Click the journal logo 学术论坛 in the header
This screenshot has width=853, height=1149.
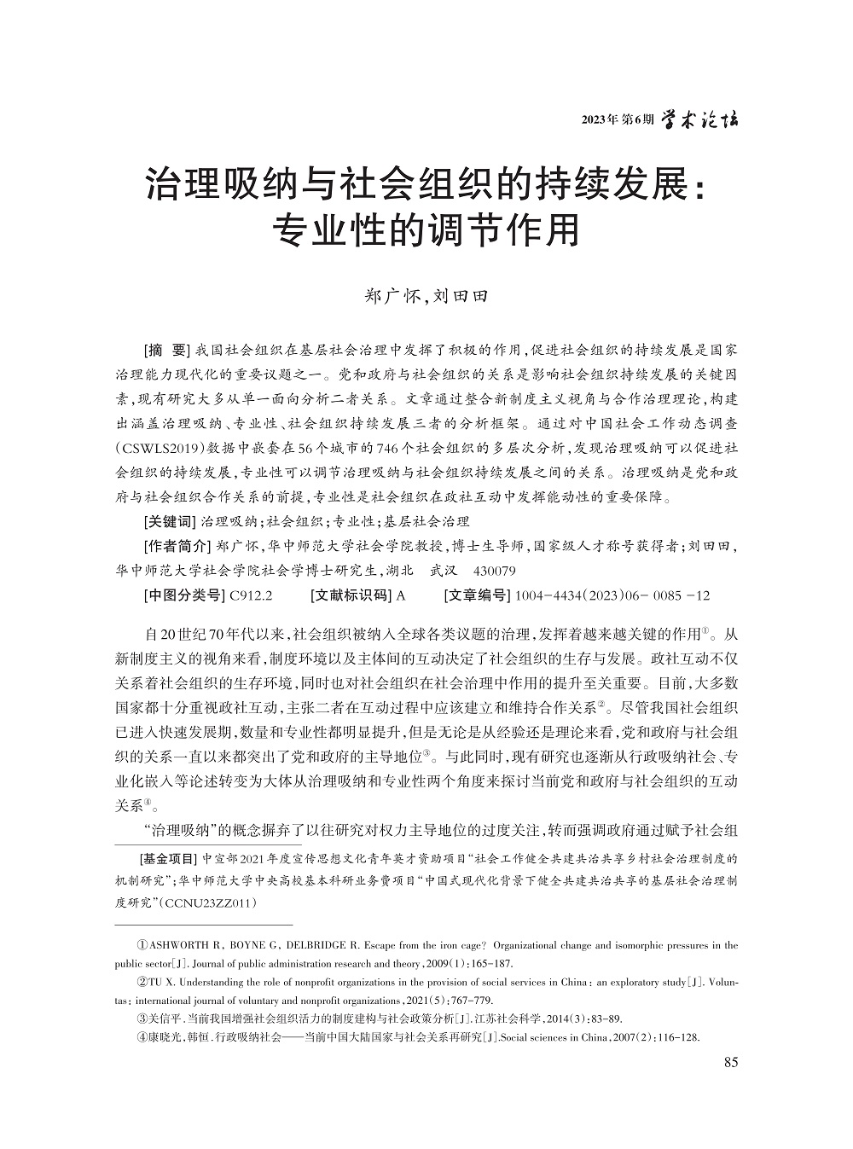pyautogui.click(x=700, y=119)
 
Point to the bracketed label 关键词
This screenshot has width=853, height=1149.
pyautogui.click(x=167, y=522)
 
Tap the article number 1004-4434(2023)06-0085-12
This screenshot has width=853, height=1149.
pyautogui.click(x=612, y=595)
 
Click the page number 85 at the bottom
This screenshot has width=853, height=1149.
pyautogui.click(x=730, y=1062)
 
